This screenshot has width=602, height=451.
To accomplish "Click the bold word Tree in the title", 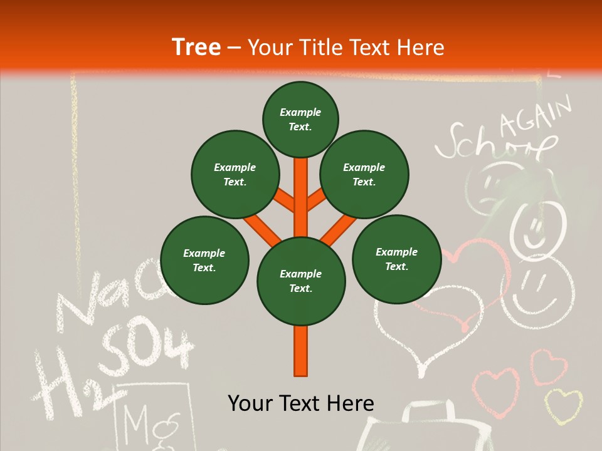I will (x=196, y=47).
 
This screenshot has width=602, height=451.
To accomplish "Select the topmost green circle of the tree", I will (x=300, y=120).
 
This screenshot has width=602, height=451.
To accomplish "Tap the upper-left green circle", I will (x=235, y=175).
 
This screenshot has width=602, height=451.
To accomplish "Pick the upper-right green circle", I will (x=364, y=175).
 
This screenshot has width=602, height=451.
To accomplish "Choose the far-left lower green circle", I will (x=204, y=261).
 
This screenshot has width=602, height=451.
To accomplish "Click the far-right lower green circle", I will (x=396, y=259).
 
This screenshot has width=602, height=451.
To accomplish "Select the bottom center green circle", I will (x=300, y=281).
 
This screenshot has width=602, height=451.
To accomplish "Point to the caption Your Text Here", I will (x=300, y=403).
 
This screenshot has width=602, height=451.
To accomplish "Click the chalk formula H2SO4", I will (x=113, y=370).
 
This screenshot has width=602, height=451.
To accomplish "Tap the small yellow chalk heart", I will (x=562, y=405).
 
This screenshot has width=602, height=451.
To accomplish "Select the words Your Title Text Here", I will (x=346, y=47).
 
